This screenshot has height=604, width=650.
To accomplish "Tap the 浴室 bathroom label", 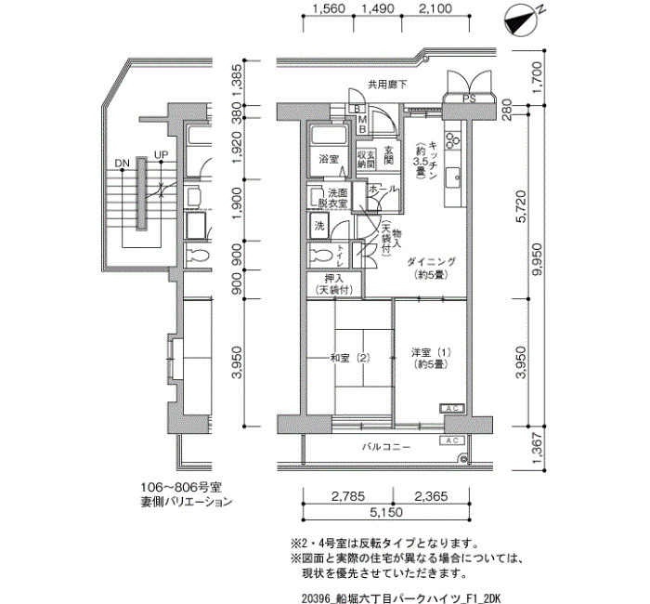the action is [329, 159].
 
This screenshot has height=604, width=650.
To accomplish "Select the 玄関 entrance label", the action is [388, 155].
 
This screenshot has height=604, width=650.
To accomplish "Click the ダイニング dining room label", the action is [431, 262].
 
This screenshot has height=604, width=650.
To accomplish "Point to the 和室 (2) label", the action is [349, 358].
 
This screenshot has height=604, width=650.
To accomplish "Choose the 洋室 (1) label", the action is [431, 352].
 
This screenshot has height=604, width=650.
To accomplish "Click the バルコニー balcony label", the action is [386, 447].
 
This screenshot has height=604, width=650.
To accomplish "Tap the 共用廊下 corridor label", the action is [387, 85].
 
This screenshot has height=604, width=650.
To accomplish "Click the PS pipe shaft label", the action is [469, 99].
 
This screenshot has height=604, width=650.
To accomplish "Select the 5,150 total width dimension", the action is [386, 512].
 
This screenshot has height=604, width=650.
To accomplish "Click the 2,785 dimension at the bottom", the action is [348, 495].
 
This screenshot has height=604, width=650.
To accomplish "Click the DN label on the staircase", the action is [122, 163].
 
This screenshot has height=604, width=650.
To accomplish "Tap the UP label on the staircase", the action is [161, 155].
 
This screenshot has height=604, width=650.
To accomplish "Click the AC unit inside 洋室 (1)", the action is [452, 408].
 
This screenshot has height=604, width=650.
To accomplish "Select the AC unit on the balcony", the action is [452, 440].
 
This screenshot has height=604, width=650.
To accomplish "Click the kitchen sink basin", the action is [453, 177].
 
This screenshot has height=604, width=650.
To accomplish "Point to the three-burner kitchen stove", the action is [452, 139].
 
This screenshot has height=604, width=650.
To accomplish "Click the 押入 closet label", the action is [334, 279].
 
